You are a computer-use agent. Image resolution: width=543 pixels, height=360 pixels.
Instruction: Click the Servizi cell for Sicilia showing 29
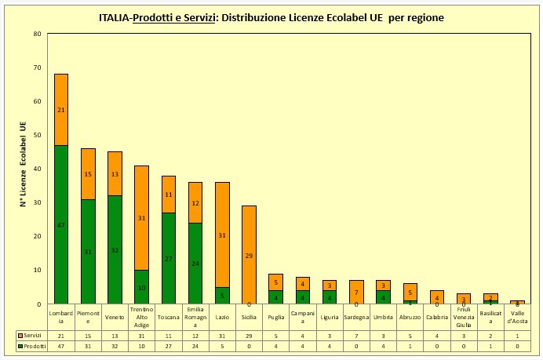tap(250, 335)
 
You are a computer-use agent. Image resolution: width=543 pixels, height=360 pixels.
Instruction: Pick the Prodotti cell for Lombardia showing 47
tap(60, 346)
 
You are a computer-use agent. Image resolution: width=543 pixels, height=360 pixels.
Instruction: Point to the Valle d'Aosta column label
tap(518, 317)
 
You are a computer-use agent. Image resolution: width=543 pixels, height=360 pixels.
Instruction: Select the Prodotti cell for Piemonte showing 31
tap(88, 346)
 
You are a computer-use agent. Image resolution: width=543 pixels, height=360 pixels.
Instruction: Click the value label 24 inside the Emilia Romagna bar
tap(195, 264)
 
